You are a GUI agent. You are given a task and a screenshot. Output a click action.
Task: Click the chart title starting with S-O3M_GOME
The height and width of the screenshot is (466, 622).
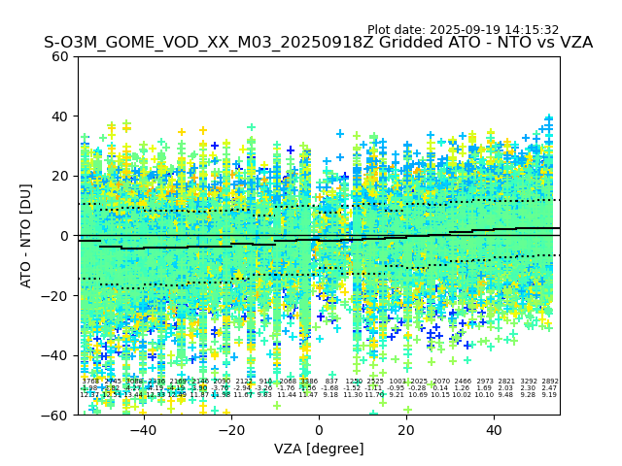[318, 43]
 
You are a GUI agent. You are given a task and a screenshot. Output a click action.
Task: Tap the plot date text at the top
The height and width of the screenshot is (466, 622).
[463, 30]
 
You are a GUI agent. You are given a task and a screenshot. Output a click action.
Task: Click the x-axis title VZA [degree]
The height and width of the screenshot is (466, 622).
[319, 449]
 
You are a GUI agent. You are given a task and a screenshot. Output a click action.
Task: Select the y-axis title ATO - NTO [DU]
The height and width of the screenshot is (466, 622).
[26, 235]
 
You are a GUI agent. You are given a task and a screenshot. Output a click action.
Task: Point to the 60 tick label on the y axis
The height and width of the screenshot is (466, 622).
[60, 56]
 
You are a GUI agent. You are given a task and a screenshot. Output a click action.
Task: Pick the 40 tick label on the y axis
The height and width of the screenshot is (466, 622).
[60, 116]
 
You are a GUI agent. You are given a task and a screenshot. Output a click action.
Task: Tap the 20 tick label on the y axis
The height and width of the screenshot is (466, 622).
[60, 176]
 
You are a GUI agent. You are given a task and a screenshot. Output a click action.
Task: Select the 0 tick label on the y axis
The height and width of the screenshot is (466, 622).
[64, 236]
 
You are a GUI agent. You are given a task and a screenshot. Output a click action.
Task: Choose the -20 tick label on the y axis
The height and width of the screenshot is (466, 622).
[56, 295]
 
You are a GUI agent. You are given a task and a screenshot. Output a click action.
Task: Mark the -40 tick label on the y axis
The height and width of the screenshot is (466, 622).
[56, 355]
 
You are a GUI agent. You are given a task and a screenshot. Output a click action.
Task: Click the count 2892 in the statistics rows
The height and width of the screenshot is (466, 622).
[550, 382]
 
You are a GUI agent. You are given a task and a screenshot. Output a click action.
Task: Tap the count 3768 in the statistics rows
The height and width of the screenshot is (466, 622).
[89, 382]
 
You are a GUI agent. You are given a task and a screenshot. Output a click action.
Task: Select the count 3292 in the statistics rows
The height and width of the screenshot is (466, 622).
[529, 382]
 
